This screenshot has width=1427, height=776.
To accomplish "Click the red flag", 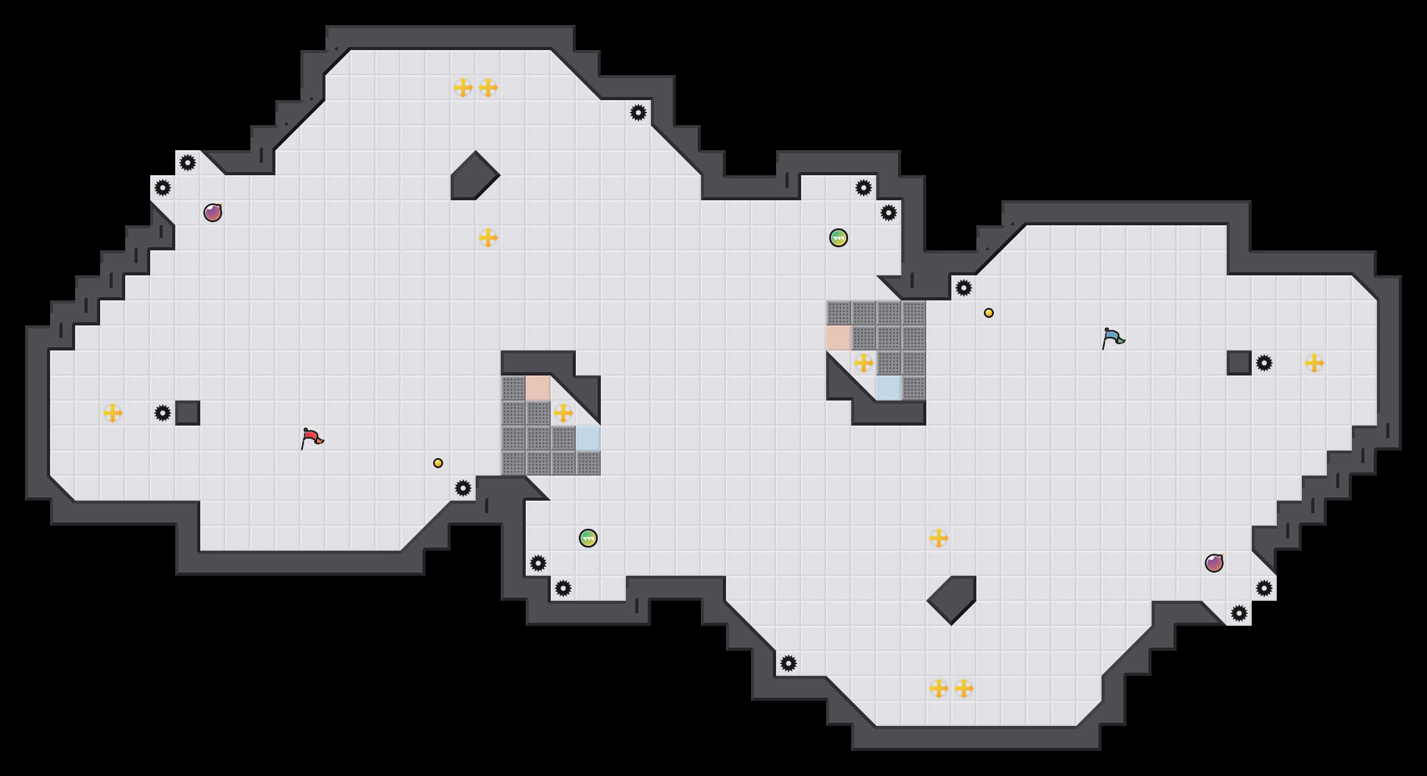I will coord(312,438).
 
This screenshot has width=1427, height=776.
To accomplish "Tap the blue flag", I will coord(1113,338).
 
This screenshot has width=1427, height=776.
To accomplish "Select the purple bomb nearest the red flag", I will coord(213,213).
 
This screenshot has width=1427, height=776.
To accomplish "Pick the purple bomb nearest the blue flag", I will coord(1214,563).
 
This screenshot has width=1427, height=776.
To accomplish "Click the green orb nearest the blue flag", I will coord(839,238).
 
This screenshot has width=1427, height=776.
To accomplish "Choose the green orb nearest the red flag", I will coord(588,538).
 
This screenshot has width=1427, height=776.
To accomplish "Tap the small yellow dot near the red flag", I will coord(438,463).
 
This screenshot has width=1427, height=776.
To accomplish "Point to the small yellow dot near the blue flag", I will coord(989,313).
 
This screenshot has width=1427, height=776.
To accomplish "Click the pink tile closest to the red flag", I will coord(538,388).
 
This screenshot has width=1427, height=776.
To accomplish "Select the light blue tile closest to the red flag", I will coord(588,438).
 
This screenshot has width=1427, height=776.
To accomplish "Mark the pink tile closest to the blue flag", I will coord(839,338).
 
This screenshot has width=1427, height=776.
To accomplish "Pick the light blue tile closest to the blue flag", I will coord(889,388).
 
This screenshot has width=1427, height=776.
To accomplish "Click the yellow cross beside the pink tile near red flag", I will coord(563,413).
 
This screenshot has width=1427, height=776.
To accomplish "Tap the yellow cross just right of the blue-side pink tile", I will coord(864,363).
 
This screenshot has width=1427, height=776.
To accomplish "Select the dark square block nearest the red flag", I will coord(188,413).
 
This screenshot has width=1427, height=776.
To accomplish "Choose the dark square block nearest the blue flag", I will coord(1239,363).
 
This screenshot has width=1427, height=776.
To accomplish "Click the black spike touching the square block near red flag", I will coord(163,413).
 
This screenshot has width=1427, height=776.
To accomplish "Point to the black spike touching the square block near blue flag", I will coord(1264,363).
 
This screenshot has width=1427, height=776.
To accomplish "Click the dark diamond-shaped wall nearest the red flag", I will coord(474,176).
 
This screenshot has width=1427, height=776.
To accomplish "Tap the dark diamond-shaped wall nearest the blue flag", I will coord(953,598).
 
